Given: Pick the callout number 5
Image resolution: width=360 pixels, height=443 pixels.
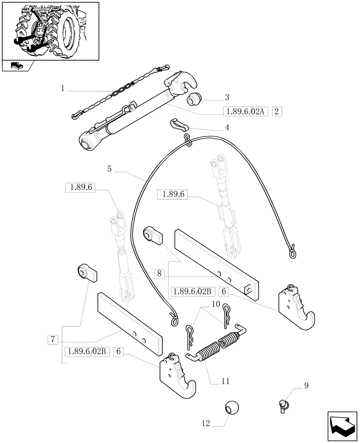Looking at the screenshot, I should coord(109,168).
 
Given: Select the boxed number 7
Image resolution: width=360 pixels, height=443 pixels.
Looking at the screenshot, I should coord(53,340).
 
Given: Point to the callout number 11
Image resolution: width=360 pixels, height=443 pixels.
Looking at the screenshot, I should coord(226,380).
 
